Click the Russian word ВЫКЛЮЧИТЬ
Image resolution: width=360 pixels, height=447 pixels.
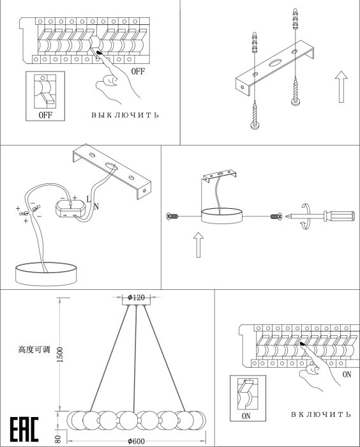coord(125,115)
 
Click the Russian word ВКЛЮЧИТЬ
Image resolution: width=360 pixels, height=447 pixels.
coord(320,414)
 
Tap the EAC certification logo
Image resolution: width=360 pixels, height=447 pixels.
coord(24,429)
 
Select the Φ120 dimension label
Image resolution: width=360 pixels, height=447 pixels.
coord(136,298)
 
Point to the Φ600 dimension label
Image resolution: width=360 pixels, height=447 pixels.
coord(136,441)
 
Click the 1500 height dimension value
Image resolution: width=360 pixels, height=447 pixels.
coord(60,354)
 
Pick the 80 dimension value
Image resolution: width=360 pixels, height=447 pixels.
coord(57,439)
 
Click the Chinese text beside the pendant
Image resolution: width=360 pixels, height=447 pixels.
coord(34,349)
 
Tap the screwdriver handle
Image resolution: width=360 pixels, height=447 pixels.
coord(339,216)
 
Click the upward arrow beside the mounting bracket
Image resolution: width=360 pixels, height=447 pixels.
coord(341,87)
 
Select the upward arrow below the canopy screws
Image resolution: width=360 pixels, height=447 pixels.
coord(199,245)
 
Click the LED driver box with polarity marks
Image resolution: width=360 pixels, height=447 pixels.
coord(70,209)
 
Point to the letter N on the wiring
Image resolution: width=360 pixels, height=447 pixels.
coord(96,206)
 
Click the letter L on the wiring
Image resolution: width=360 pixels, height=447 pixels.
coord(88,199)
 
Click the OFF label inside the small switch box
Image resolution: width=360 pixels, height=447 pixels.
coord(45,115)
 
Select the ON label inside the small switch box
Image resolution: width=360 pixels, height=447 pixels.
coord(246,416)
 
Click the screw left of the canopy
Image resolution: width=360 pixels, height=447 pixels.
coord(172,216)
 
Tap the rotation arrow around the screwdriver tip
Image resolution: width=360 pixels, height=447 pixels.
coord(306,216)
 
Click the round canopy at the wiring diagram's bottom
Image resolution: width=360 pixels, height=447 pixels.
coord(46,274)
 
